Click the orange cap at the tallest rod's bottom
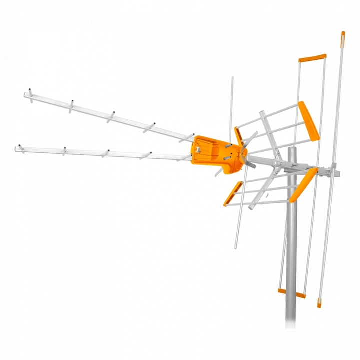319,302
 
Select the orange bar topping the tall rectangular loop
312,58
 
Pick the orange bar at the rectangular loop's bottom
291,293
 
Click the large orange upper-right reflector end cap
309,121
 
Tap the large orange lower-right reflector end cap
303,185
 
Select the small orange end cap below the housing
232,193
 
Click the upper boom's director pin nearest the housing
187,136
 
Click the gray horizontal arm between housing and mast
267,162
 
